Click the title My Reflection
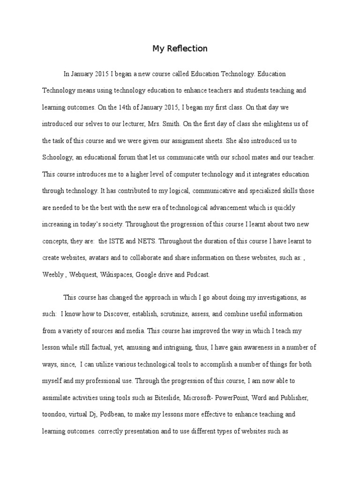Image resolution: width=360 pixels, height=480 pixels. (x=180, y=49)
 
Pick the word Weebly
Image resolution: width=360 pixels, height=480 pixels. (x=52, y=275)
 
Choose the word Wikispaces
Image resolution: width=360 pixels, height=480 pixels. (x=116, y=275)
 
